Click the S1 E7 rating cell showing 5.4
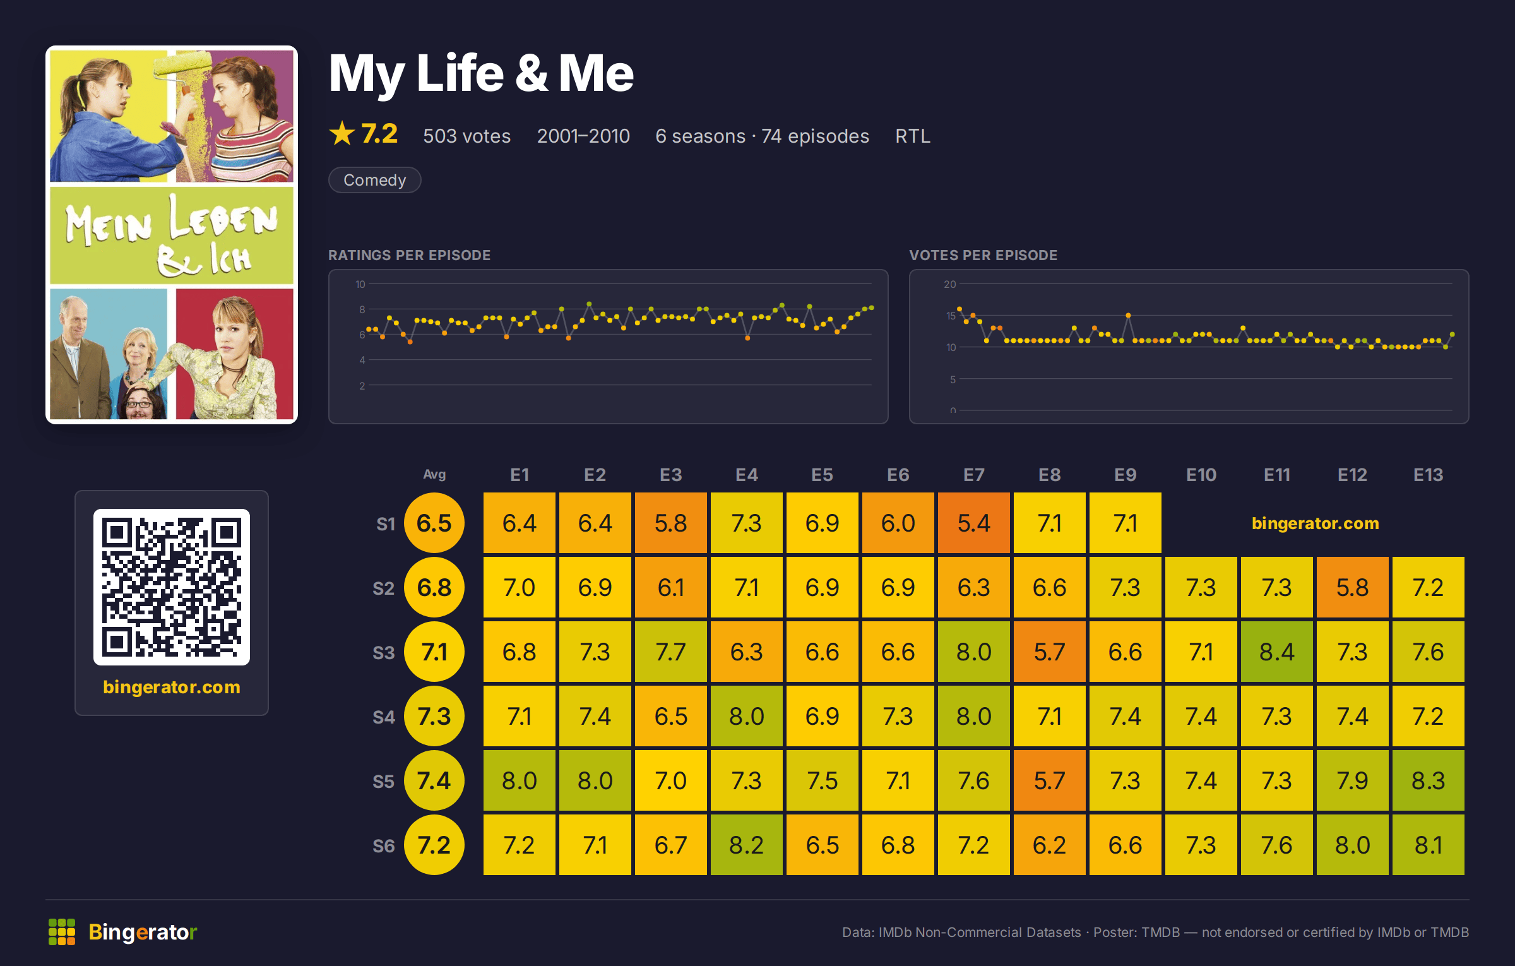973,523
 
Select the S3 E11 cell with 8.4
1276,652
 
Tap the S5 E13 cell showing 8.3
1428,780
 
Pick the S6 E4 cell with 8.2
746,845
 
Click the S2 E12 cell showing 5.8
1352,587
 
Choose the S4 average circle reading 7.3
434,716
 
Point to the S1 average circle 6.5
434,523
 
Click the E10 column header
1201,475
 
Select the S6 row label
383,845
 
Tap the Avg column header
434,474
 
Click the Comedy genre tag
374,180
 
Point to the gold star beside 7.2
342,133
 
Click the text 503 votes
466,136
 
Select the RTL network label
913,136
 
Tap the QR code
172,587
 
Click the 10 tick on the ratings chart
360,284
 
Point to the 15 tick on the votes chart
951,316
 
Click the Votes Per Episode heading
983,255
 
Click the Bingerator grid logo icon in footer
62,932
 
